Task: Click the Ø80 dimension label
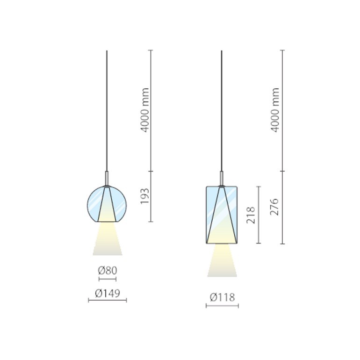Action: [x=108, y=271]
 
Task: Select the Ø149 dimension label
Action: [x=108, y=293]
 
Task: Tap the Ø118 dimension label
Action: [x=222, y=297]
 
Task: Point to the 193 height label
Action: [x=144, y=196]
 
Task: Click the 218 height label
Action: [x=251, y=215]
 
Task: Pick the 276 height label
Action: [x=274, y=207]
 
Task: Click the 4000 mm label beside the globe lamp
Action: [x=144, y=110]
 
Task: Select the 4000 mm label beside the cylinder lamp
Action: [x=274, y=110]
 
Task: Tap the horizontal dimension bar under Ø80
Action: [x=108, y=279]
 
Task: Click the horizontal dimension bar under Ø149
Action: [x=108, y=300]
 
